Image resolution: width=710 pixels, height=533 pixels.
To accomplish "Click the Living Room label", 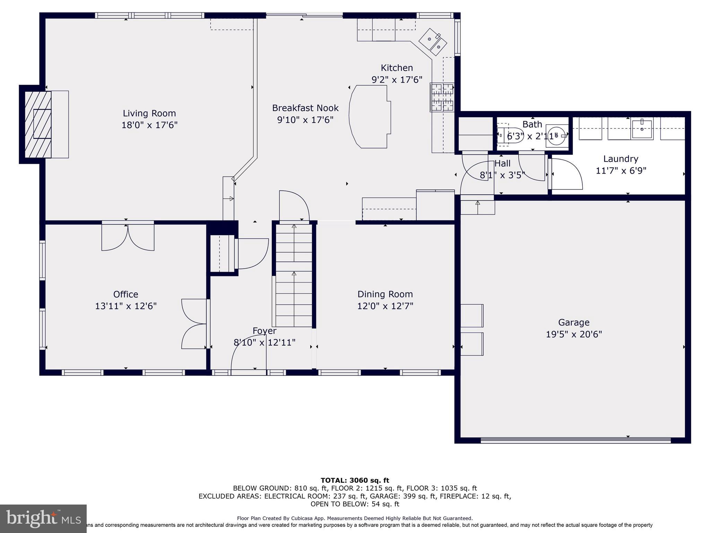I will tap(149, 113).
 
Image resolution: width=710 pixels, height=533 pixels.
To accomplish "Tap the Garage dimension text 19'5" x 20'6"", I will tap(574, 334).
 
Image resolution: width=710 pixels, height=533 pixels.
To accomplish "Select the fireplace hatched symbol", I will tap(38, 124).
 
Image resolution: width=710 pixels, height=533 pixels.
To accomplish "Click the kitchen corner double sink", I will tap(433, 42).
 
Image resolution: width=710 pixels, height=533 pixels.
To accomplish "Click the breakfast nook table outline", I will tap(370, 117).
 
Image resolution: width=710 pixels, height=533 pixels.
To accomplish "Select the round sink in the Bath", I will tap(557, 135).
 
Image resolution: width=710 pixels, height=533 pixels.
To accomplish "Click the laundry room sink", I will tap(642, 129).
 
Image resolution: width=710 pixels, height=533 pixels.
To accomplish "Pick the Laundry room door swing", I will tap(566, 174).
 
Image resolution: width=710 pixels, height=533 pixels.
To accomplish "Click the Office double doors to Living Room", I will tap(128, 237).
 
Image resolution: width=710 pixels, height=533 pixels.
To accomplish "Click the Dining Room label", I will tap(385, 294).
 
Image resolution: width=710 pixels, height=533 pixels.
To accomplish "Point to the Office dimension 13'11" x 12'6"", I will tap(126, 306).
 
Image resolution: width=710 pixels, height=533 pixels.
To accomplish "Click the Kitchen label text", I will tap(397, 68).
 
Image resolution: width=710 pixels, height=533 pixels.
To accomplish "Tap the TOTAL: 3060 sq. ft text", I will tap(355, 480).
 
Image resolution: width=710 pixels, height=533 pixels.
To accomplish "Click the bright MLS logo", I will tap(43, 518).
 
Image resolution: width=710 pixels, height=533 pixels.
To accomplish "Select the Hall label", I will tap(502, 163).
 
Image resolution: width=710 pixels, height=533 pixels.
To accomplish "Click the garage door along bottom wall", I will tap(575, 440).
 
